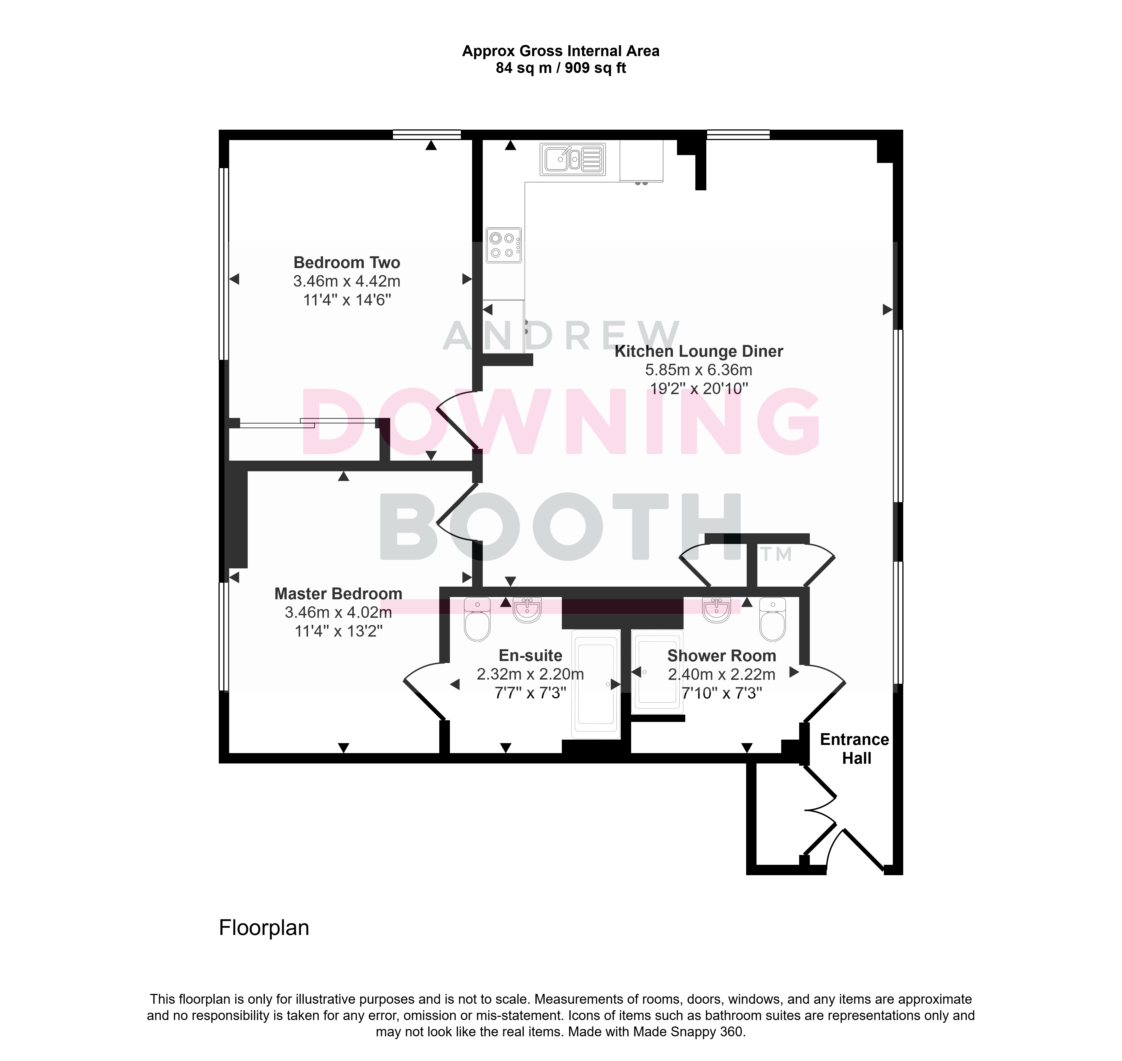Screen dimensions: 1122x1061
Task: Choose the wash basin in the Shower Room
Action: pos(717,610)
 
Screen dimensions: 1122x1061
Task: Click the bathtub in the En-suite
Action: pos(596,684)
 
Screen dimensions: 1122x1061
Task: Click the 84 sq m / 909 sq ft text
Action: pos(561,68)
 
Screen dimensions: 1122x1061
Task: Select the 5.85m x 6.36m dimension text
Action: pos(699,370)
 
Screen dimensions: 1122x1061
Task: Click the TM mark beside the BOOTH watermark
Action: pos(776,554)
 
